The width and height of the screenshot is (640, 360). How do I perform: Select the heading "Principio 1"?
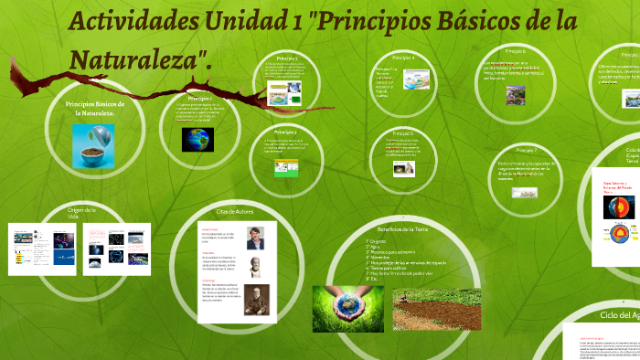click(x=199, y=98)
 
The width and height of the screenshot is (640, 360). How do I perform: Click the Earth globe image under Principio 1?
click(x=197, y=139)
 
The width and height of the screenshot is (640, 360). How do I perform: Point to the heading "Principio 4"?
click(x=401, y=58)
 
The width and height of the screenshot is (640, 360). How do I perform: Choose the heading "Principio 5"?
click(x=401, y=133)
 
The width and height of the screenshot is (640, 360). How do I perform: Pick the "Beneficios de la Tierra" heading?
click(x=402, y=228)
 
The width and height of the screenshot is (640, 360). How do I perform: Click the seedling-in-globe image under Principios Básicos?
click(x=93, y=146)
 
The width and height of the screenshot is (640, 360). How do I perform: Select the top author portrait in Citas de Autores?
click(x=254, y=238)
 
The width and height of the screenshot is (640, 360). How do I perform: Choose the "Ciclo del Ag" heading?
click(x=619, y=314)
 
